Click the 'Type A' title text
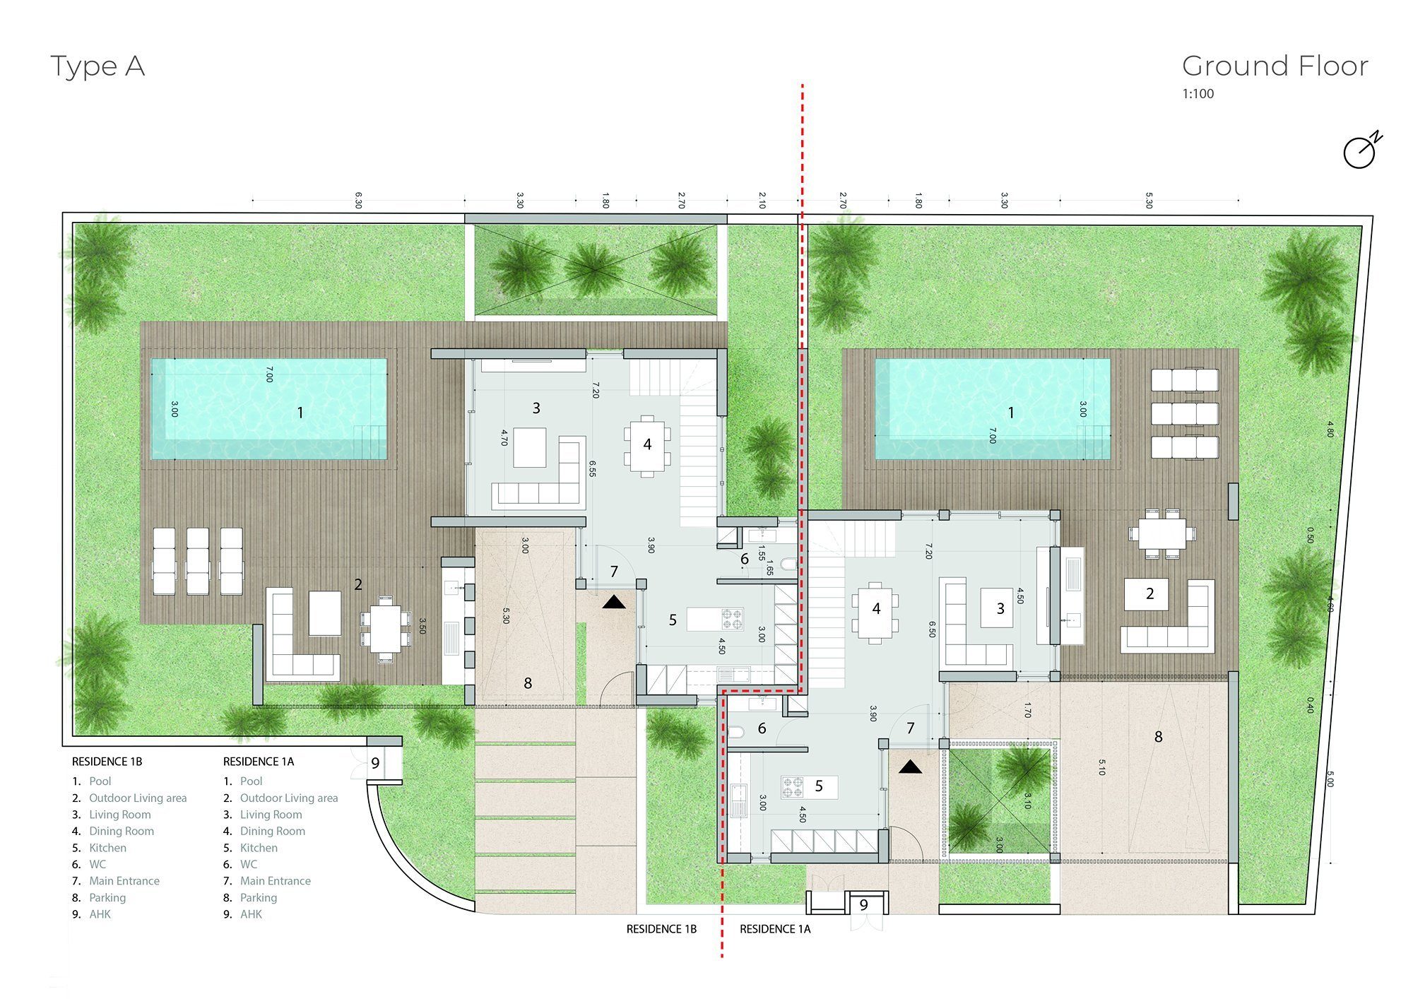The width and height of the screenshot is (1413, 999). click(x=97, y=67)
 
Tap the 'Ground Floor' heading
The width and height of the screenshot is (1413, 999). click(x=1275, y=66)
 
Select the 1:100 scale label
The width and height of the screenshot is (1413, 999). click(x=1198, y=93)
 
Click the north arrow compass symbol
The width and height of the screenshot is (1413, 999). click(x=1361, y=150)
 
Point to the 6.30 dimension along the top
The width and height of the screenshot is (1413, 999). click(x=358, y=200)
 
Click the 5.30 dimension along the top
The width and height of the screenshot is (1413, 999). click(x=1149, y=200)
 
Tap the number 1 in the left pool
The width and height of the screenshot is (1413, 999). click(x=300, y=413)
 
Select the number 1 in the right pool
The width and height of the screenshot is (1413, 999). click(x=1011, y=413)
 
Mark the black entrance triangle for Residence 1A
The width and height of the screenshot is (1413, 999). click(x=911, y=766)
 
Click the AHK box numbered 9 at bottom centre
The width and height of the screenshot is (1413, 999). click(x=863, y=905)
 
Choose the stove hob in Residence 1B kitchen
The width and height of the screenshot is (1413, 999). click(x=733, y=620)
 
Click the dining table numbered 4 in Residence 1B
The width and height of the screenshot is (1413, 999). click(x=647, y=445)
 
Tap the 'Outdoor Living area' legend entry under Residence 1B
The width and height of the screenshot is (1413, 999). click(x=138, y=798)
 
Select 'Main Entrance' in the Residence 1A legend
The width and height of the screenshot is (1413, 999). click(x=276, y=881)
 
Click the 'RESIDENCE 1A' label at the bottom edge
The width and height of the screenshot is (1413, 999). click(x=775, y=930)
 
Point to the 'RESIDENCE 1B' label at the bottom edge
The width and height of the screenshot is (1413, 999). click(x=661, y=930)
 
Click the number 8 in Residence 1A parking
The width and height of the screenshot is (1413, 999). click(x=1159, y=737)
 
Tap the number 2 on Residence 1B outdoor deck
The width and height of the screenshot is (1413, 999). click(x=358, y=585)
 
